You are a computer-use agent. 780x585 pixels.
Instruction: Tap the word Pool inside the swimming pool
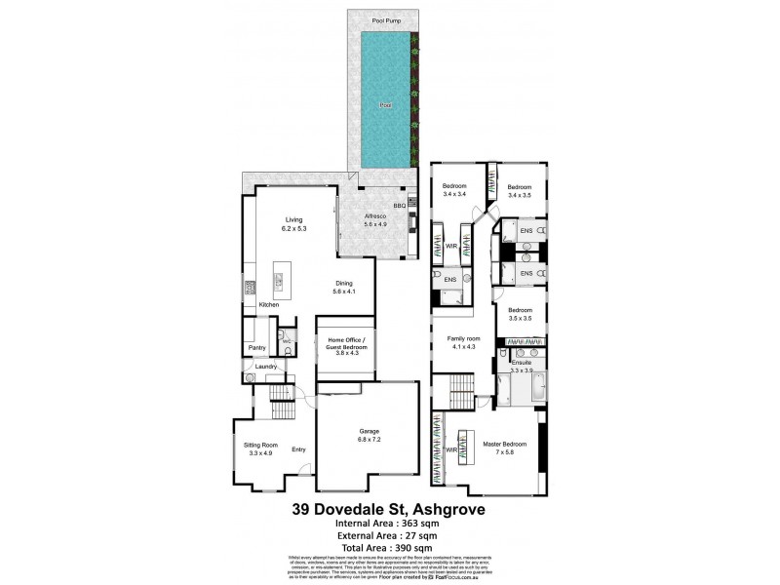pos(385,106)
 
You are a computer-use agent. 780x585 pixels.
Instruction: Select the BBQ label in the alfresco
pos(399,206)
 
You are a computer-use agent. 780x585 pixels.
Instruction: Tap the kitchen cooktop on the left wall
pos(250,288)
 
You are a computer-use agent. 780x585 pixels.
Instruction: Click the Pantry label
pos(257,347)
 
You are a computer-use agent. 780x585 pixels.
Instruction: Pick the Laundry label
pos(267,367)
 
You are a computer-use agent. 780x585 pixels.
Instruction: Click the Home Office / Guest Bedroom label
pos(346,347)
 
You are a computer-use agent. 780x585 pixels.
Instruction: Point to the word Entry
pos(298,449)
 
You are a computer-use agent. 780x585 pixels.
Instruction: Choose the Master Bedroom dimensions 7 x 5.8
pos(505,452)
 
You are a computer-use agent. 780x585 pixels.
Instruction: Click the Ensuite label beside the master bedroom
pos(521,363)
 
